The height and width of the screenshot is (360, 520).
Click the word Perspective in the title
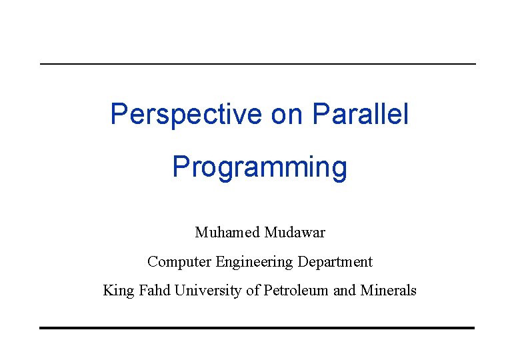(186, 115)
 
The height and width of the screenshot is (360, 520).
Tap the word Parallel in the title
(360, 115)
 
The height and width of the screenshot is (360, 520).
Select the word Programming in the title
(259, 167)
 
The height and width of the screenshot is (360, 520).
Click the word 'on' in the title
(287, 115)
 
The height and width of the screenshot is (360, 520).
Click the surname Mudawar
(295, 233)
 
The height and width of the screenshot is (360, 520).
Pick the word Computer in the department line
(179, 262)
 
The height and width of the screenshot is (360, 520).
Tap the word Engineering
(254, 262)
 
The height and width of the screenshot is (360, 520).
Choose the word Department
(335, 262)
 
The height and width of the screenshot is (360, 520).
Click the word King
(118, 291)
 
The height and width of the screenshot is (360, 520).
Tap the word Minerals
(389, 291)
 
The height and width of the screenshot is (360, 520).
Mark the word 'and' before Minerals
(345, 291)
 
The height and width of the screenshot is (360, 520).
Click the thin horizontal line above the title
(258, 64)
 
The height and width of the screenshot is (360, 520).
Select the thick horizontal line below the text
(257, 327)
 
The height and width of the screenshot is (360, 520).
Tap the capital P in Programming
(179, 167)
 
